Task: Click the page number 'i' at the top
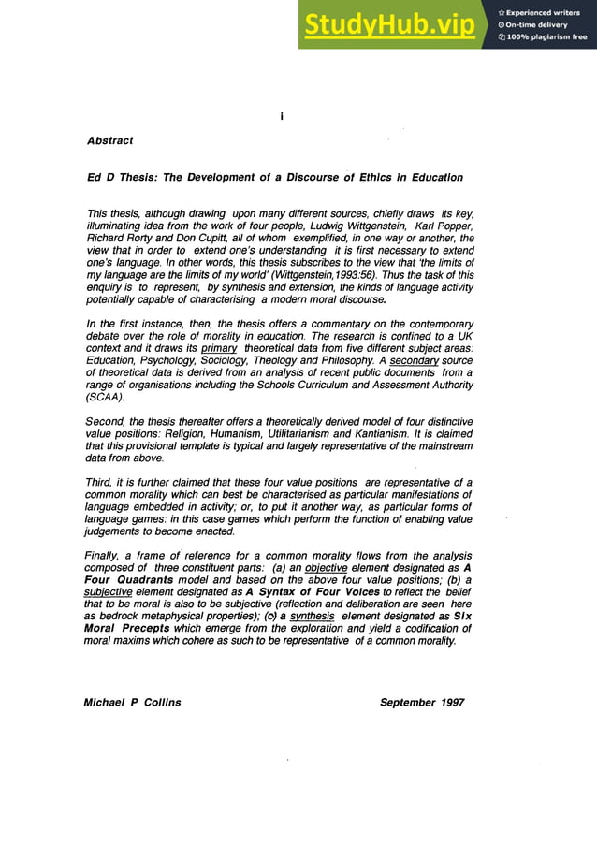pos(281,116)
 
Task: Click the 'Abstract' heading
pos(109,140)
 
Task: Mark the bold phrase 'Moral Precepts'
pos(128,628)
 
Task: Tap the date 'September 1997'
pos(421,702)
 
